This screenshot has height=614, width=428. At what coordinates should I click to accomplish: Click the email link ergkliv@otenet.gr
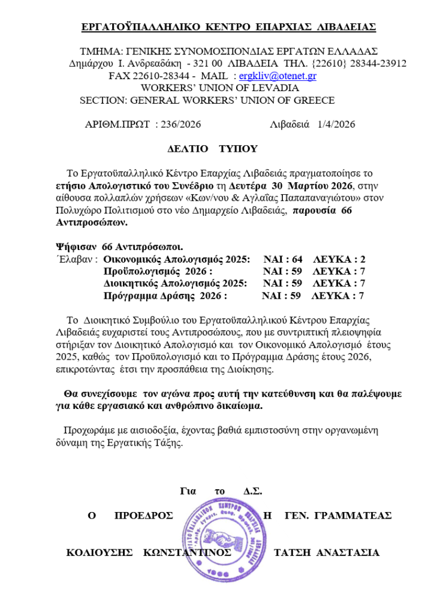(x=278, y=76)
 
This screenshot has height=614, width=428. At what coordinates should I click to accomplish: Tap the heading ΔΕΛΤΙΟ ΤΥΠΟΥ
(x=212, y=149)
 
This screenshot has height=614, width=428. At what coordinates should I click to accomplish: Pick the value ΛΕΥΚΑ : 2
(x=339, y=260)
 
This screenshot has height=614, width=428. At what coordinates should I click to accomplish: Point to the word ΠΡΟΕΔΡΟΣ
(x=143, y=516)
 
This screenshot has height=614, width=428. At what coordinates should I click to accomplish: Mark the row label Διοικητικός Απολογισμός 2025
(x=175, y=284)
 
